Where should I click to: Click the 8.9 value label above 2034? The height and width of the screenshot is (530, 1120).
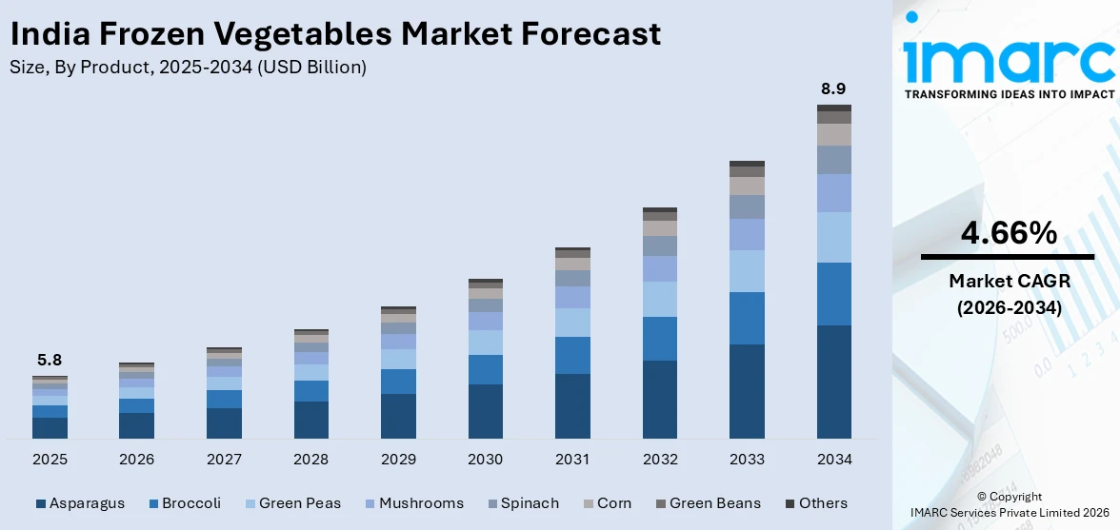click(833, 89)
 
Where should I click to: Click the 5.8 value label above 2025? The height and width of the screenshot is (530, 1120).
click(50, 361)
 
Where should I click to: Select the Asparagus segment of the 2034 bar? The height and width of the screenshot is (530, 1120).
click(833, 382)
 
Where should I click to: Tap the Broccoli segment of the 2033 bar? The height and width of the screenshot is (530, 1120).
click(747, 318)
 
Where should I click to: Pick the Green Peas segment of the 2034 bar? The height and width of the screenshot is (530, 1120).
click(833, 237)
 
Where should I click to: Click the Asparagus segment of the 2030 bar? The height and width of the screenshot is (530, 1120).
click(485, 411)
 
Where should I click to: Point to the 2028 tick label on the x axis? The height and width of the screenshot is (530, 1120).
click(310, 460)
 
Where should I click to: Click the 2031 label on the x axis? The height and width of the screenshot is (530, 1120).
click(572, 460)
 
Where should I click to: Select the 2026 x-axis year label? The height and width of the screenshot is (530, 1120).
click(136, 460)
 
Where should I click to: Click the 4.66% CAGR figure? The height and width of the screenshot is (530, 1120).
click(1008, 232)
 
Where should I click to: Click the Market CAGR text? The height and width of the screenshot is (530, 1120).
click(1008, 282)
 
